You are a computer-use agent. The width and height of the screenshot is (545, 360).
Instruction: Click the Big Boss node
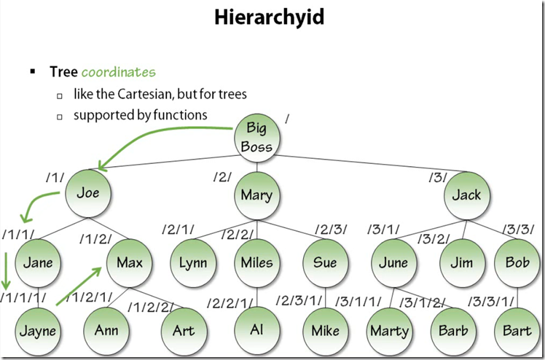tap(256, 138)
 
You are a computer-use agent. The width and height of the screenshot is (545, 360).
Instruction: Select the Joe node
tap(87, 194)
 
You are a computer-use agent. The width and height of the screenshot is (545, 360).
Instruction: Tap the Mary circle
tap(256, 195)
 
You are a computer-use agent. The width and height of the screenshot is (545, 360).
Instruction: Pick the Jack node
tap(466, 195)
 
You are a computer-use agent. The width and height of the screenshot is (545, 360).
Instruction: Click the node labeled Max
tap(129, 262)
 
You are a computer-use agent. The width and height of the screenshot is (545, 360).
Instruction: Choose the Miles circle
tap(256, 262)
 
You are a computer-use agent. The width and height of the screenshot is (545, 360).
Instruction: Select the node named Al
tap(256, 329)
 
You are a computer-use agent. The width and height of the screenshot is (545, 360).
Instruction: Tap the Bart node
tap(517, 330)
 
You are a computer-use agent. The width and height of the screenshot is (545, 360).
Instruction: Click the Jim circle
tap(460, 262)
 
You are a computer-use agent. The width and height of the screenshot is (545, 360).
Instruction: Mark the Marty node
tap(389, 330)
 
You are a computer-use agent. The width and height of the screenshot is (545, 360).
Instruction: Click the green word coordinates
tap(119, 72)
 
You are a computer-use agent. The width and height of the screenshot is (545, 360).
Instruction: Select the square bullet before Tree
tap(33, 72)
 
